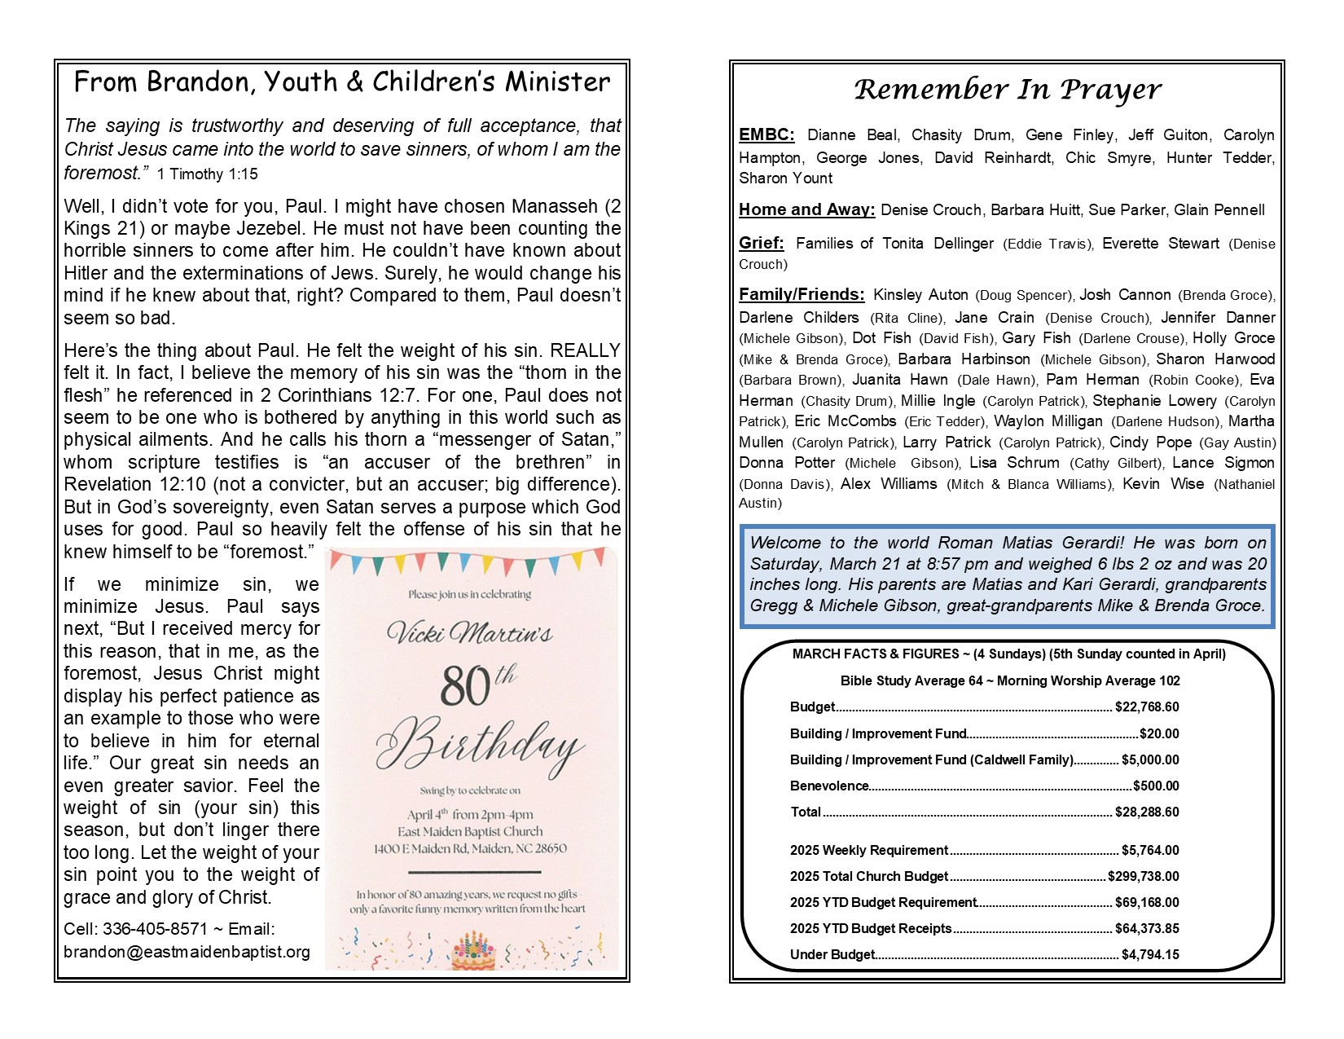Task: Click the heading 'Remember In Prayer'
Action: tap(1008, 90)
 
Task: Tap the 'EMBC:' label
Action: tap(766, 135)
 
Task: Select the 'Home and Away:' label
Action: tap(806, 210)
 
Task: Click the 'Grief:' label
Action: tap(761, 244)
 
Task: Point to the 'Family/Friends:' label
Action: tap(802, 295)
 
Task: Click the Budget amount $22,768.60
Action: tap(1147, 707)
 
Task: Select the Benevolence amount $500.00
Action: tap(1156, 786)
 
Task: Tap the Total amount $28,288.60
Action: tap(1147, 812)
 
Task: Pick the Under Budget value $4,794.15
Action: tap(1150, 955)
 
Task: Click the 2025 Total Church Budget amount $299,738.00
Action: tap(1144, 877)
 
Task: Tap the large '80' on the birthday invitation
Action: tap(466, 686)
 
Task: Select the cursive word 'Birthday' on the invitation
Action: tap(479, 743)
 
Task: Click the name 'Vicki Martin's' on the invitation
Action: tap(470, 632)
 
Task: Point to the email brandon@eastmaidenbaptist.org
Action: tap(187, 952)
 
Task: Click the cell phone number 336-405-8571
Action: tap(155, 930)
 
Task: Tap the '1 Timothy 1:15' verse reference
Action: tap(207, 174)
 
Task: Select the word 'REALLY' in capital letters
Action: tap(585, 350)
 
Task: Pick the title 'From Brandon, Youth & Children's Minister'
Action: tap(341, 82)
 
